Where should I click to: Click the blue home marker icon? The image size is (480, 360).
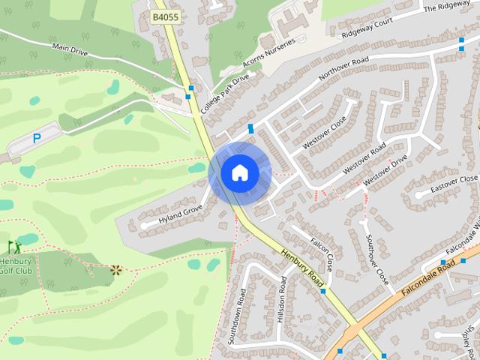pyautogui.click(x=239, y=173)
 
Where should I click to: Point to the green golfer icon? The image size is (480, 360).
pyautogui.click(x=14, y=246)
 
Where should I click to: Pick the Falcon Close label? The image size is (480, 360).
pyautogui.click(x=321, y=254)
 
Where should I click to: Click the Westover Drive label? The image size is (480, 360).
pyautogui.click(x=385, y=171)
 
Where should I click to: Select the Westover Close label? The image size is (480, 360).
pyautogui.click(x=323, y=131)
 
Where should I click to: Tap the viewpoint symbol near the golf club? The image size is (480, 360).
pyautogui.click(x=115, y=270)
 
